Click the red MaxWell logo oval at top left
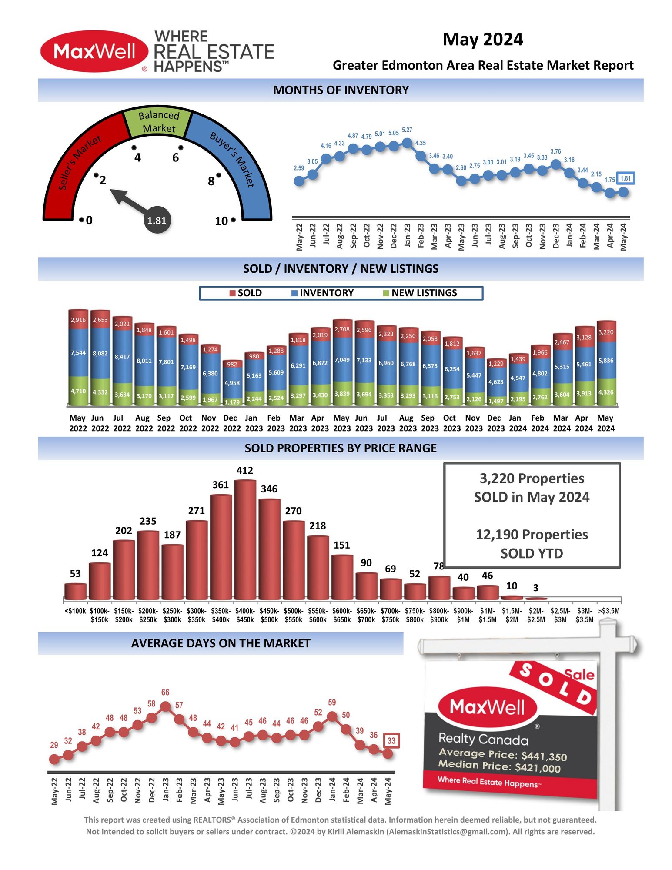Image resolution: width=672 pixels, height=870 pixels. [x=94, y=51]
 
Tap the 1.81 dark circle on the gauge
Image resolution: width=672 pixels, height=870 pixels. [x=157, y=220]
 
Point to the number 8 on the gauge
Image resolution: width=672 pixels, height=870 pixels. [x=211, y=181]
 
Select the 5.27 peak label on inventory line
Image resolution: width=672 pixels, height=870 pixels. [x=407, y=130]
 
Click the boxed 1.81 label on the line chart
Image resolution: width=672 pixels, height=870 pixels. [x=625, y=178]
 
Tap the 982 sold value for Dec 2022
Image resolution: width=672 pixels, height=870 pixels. [x=232, y=365]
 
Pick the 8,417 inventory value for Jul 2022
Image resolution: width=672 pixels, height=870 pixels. [x=122, y=357]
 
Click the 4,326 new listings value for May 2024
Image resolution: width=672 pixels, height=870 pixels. [x=605, y=392]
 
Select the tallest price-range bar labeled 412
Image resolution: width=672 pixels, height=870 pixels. [x=245, y=539]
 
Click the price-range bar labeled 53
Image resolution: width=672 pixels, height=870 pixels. [x=75, y=592]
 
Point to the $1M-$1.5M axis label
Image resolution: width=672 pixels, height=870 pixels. [x=487, y=615]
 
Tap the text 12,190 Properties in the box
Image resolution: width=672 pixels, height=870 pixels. [x=532, y=535]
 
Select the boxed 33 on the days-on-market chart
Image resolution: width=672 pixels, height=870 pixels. [x=391, y=741]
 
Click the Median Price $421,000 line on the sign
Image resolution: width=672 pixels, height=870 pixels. [x=499, y=766]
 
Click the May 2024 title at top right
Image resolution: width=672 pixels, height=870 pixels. [x=482, y=40]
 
